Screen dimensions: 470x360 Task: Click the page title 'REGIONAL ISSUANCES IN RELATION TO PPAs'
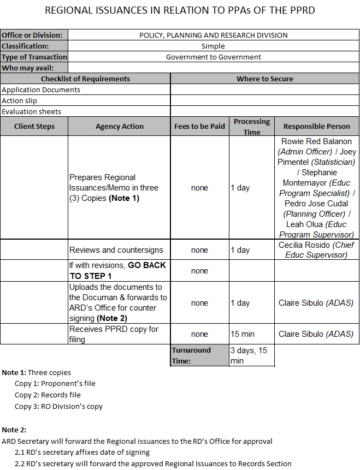coord(180,10)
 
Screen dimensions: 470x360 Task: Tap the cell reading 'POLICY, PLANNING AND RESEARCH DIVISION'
coord(213,35)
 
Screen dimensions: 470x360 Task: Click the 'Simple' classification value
coord(213,46)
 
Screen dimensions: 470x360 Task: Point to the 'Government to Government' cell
coord(213,57)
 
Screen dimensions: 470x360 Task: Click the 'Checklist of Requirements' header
coord(85,79)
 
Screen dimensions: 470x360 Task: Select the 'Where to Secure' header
coord(264,79)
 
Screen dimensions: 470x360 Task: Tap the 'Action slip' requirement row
coord(20,100)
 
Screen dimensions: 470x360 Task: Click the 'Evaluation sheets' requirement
coord(31,111)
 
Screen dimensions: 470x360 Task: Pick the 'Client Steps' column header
coord(34,126)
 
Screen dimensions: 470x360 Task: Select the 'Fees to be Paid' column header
coord(199,126)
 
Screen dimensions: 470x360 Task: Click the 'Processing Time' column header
coord(252,127)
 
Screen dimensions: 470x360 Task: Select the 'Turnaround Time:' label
coord(191,355)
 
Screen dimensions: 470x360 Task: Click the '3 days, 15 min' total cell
coord(249,355)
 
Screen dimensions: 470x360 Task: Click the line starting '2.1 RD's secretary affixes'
coord(82,452)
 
